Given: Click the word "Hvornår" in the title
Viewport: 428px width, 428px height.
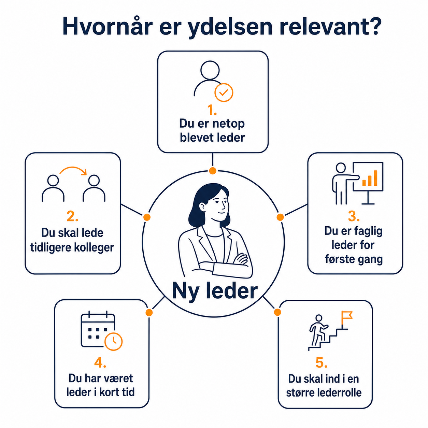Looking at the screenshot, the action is pos(108,26).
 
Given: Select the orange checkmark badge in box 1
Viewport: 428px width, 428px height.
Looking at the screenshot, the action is pos(224,92).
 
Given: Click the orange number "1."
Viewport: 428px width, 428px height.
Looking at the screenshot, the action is pos(212,110).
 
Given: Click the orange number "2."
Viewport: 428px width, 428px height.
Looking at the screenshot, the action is pos(72,216).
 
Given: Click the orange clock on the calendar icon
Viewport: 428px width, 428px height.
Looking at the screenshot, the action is pos(114,341).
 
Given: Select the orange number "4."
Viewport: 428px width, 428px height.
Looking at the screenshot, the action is pos(100,363).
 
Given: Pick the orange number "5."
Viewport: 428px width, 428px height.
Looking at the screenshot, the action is pos(322,363).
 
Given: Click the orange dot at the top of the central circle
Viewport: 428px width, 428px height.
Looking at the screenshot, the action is pos(213,171).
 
